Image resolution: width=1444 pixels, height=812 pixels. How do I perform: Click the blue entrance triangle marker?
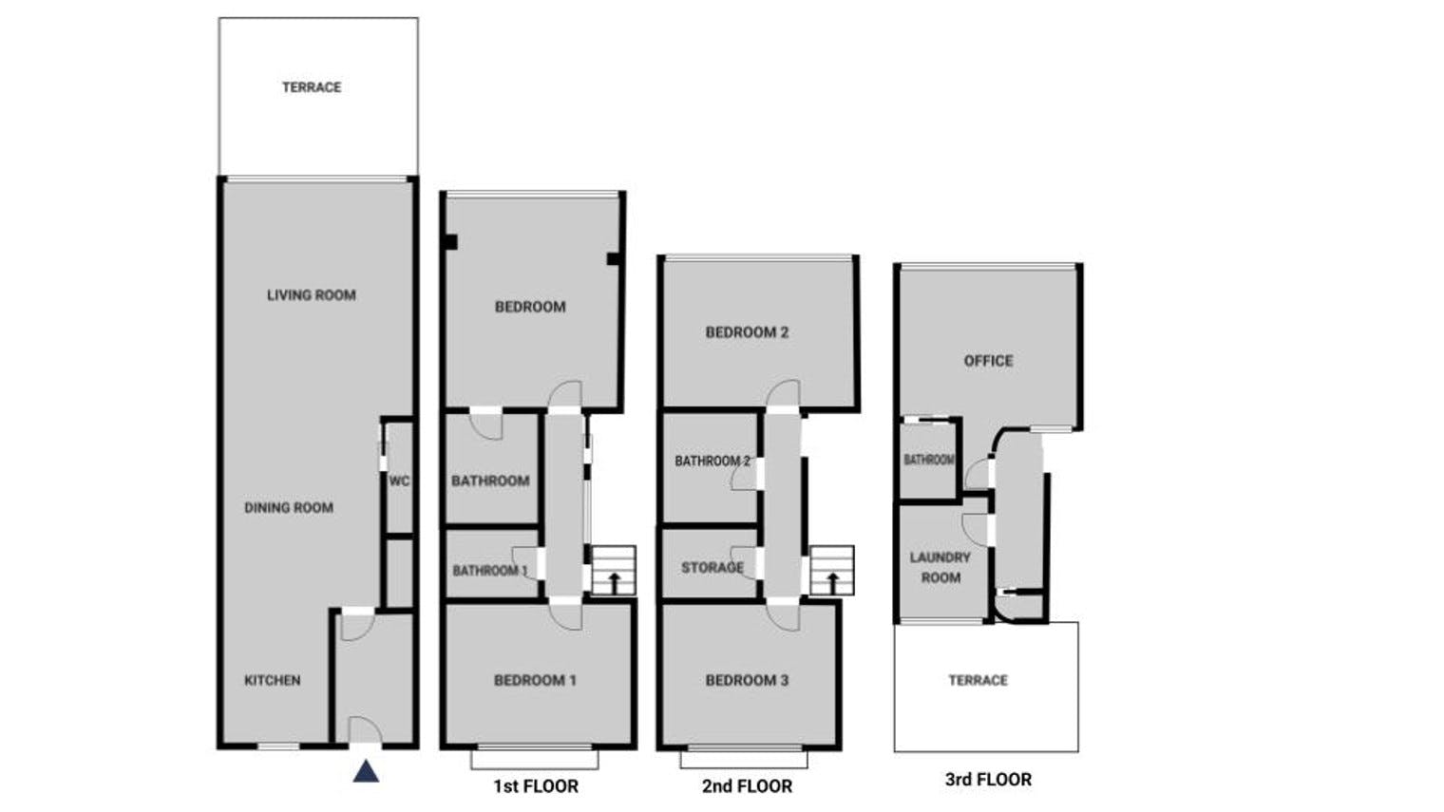pyautogui.click(x=366, y=771)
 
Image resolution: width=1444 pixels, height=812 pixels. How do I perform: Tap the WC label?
pyautogui.click(x=399, y=482)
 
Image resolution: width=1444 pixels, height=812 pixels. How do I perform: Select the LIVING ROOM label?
pyautogui.click(x=312, y=295)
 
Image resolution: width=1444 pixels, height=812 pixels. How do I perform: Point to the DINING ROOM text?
pyautogui.click(x=289, y=508)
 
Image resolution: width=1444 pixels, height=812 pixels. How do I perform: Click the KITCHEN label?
pyautogui.click(x=272, y=680)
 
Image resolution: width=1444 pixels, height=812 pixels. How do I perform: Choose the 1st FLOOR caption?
pyautogui.click(x=536, y=786)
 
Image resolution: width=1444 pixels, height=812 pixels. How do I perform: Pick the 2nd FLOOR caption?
pyautogui.click(x=747, y=786)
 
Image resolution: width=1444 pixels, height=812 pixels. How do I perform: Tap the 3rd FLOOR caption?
pyautogui.click(x=988, y=779)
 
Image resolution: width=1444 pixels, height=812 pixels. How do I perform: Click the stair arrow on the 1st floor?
pyautogui.click(x=615, y=582)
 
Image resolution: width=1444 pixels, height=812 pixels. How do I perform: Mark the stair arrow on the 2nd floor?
pyautogui.click(x=832, y=582)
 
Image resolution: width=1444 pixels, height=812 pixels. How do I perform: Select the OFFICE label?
pyautogui.click(x=988, y=361)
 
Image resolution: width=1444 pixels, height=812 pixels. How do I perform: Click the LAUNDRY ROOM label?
pyautogui.click(x=940, y=567)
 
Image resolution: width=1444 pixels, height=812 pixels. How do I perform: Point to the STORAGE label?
pyautogui.click(x=712, y=568)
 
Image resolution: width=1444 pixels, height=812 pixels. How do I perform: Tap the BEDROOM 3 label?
pyautogui.click(x=747, y=680)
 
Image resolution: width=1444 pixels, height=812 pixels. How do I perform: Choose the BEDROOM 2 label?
pyautogui.click(x=747, y=332)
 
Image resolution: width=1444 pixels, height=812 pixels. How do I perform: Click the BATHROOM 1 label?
pyautogui.click(x=490, y=571)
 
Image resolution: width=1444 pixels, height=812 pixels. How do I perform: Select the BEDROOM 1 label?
pyautogui.click(x=535, y=680)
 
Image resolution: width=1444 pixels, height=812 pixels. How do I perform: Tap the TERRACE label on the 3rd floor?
pyautogui.click(x=978, y=680)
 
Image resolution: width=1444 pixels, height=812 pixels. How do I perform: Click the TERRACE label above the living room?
pyautogui.click(x=312, y=87)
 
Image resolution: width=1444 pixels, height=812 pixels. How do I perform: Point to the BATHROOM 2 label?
pyautogui.click(x=712, y=462)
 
